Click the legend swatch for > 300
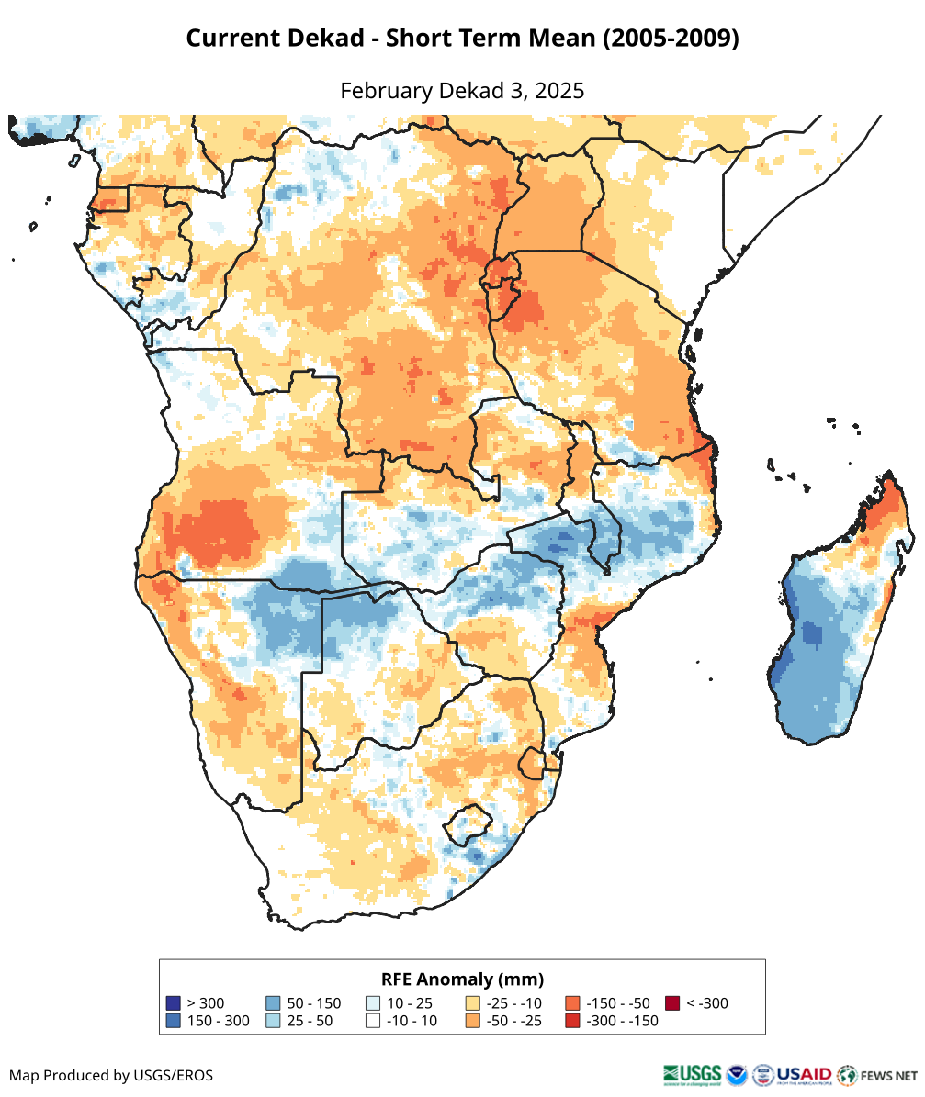pos(172,1003)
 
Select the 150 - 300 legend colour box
pos(172,1021)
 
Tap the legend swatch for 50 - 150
pos(273,1003)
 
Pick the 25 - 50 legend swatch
pos(273,1021)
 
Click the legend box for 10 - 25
pos(373,1003)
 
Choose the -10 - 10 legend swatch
pos(373,1021)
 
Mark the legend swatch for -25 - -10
pos(473,1003)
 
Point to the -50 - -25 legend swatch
pos(473,1021)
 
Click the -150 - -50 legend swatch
pos(572,1003)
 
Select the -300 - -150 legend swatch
pos(572,1021)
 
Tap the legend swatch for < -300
pos(672,1003)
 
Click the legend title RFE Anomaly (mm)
pos(462,979)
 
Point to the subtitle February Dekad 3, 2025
pos(462,91)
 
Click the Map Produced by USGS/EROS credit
pos(111,1075)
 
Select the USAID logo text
pos(805,1074)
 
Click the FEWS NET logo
pos(877,1075)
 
